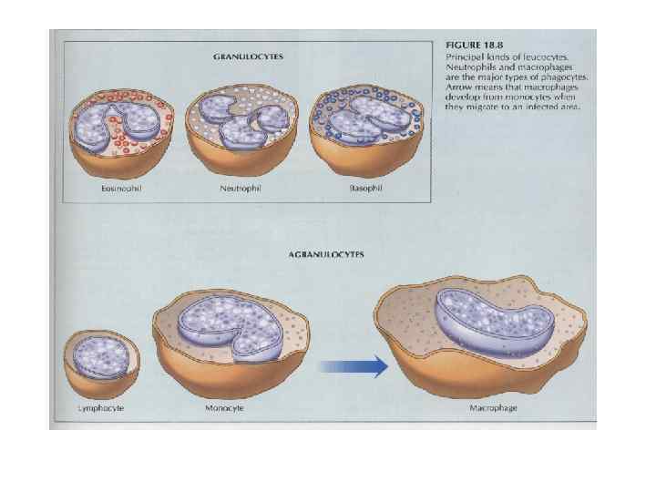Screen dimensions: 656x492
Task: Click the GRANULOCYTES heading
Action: [x=248, y=56]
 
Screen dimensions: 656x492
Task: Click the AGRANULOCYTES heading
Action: [x=326, y=255]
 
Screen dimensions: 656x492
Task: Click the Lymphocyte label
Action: [x=101, y=408]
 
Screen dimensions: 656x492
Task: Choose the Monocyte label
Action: [x=224, y=408]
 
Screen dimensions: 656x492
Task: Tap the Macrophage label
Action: [x=493, y=408]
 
